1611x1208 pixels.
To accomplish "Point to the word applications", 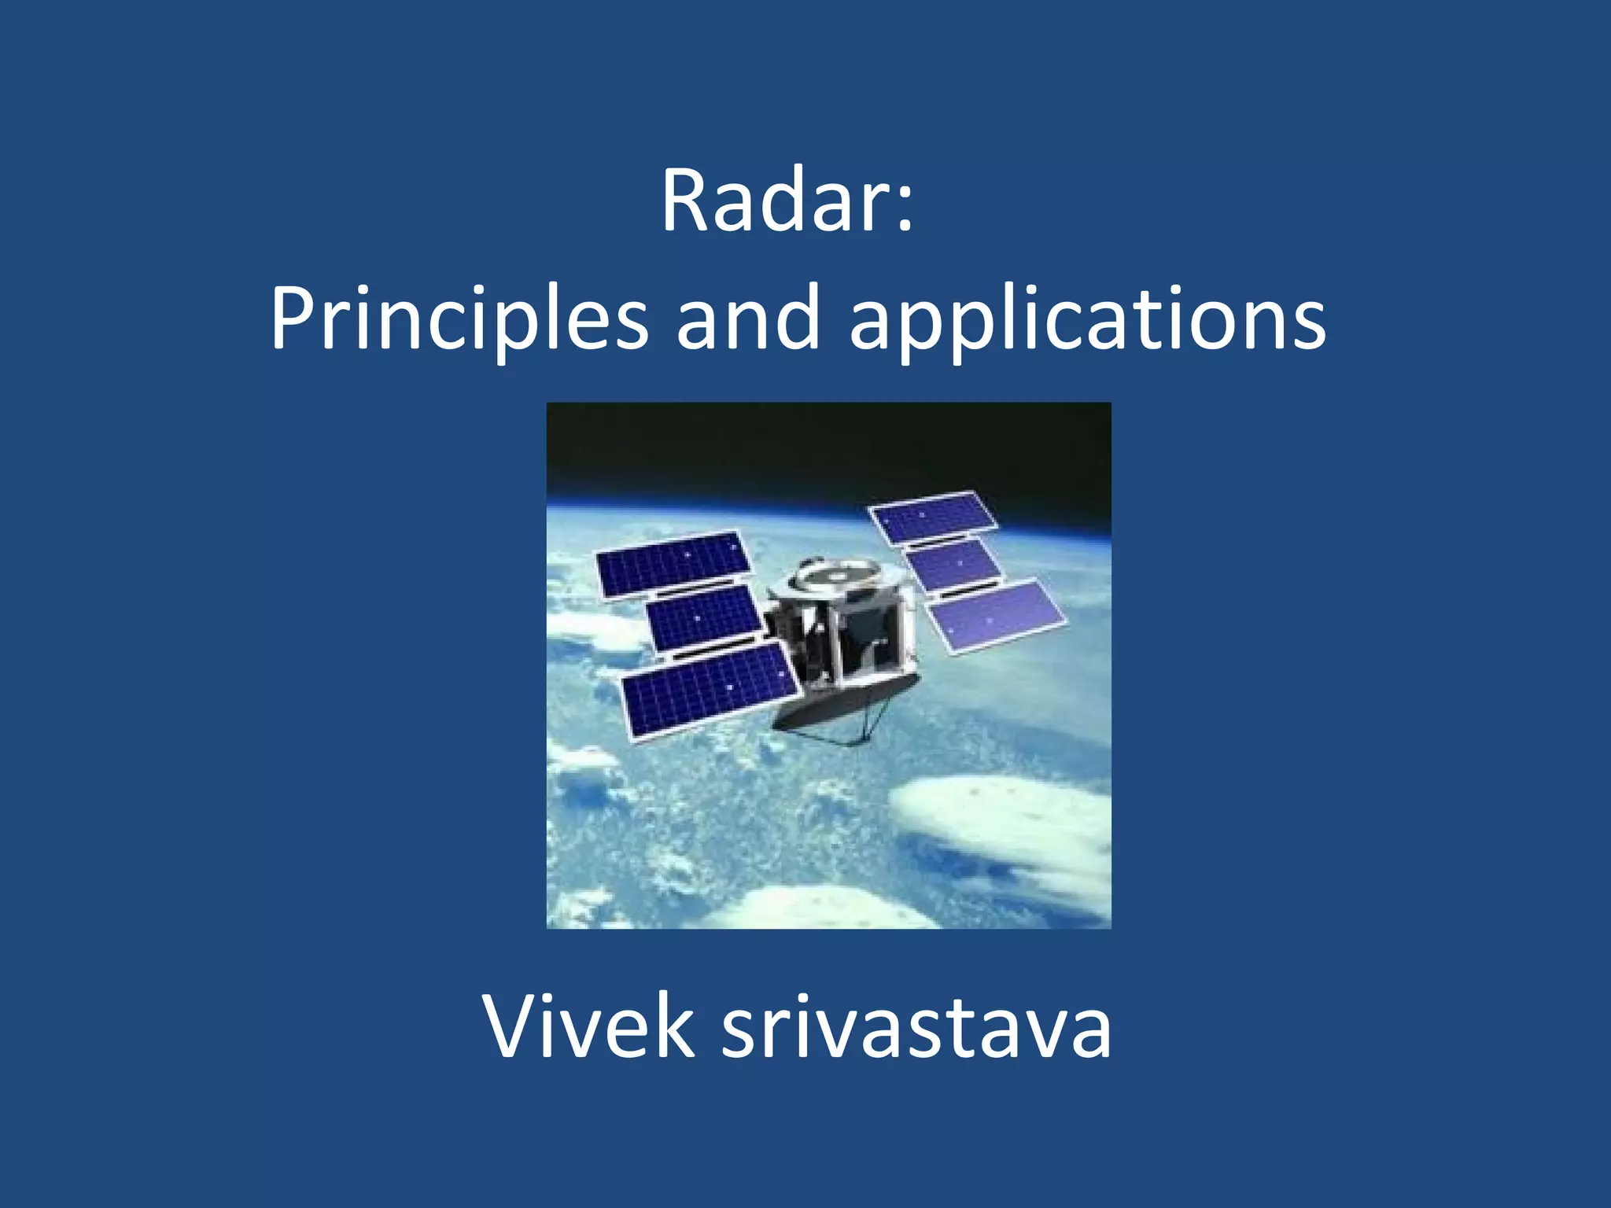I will tap(1088, 319).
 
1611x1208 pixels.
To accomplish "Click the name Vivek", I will tap(588, 1026).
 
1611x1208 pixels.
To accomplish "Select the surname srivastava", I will tap(916, 1026).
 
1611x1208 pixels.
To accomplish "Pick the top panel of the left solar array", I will tap(673, 563).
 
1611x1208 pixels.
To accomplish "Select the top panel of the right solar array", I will tap(933, 517).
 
